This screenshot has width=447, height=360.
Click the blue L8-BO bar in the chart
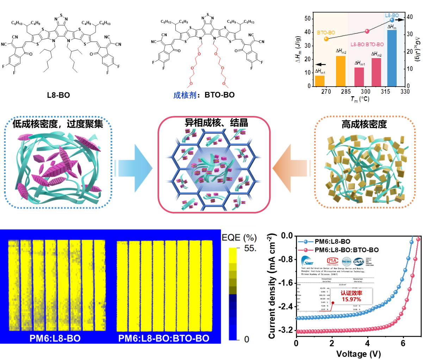(x=391, y=58)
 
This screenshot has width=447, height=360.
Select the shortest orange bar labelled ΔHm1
(x=319, y=81)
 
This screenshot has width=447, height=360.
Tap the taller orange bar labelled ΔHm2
(x=341, y=71)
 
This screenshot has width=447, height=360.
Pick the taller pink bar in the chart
(x=376, y=72)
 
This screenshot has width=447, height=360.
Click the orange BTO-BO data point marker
(x=326, y=39)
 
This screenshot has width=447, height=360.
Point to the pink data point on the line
(x=367, y=31)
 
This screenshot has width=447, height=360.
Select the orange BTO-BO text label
(x=326, y=33)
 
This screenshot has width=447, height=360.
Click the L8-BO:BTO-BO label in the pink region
(x=367, y=44)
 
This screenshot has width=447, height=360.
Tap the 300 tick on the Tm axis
(x=365, y=92)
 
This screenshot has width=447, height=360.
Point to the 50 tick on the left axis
(x=308, y=18)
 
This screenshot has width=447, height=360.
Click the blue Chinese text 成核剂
(x=185, y=95)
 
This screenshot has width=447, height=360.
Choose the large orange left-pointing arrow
(x=291, y=168)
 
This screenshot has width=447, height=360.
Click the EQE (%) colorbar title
(x=239, y=238)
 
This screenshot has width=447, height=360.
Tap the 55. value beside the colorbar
(x=250, y=248)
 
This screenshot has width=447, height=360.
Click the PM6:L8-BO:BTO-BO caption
(x=164, y=339)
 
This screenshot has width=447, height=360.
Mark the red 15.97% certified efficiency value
(x=351, y=299)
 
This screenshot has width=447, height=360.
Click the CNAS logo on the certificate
(x=359, y=261)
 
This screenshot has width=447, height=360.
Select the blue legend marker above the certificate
(x=305, y=242)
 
